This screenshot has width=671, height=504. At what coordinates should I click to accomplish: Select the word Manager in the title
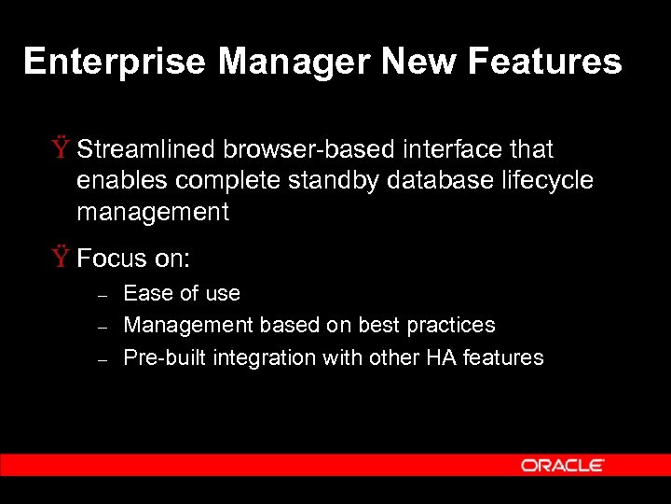click(295, 62)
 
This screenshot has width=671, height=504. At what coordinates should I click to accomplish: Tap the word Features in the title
click(544, 62)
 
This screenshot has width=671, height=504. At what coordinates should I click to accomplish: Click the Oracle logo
click(563, 465)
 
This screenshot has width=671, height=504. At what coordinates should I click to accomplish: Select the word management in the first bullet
click(153, 212)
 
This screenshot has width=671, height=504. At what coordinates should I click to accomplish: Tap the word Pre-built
click(165, 357)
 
